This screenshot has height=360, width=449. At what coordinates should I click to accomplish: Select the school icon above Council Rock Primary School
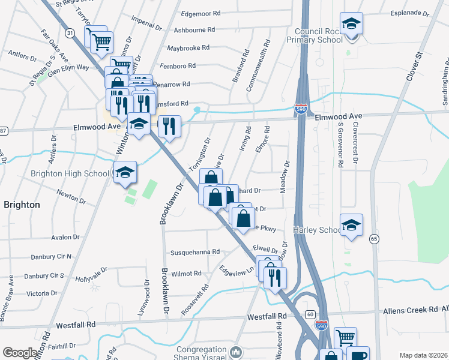[352, 24]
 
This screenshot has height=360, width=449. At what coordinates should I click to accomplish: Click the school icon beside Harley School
[351, 226]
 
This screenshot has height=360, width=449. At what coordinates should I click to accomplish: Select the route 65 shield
[375, 239]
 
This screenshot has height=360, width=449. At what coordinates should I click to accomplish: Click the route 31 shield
[70, 34]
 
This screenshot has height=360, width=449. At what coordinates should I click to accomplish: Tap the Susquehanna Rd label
[196, 253]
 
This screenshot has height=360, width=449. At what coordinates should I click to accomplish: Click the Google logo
[20, 352]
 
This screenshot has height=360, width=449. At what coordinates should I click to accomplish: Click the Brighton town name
[22, 205]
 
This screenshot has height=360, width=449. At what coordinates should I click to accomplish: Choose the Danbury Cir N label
[52, 256]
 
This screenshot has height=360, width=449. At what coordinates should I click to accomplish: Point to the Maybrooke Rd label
[188, 47]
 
